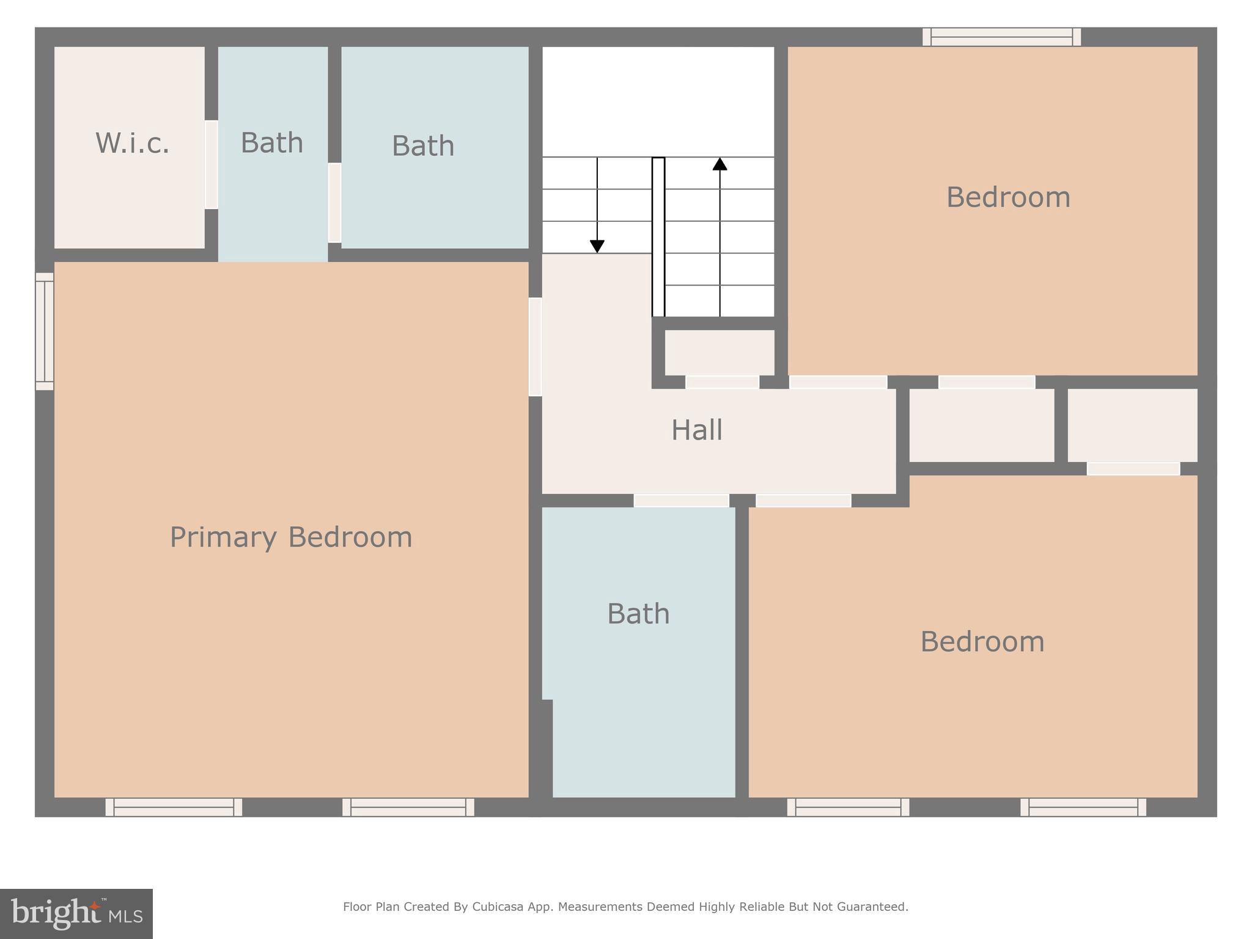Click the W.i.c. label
(x=132, y=143)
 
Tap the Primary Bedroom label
(x=291, y=537)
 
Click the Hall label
(x=697, y=430)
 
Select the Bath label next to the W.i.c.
(x=272, y=143)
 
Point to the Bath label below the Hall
(x=638, y=614)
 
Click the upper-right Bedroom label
(x=1008, y=197)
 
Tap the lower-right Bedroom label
(x=982, y=642)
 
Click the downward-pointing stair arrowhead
(x=597, y=246)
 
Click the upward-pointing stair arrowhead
(x=720, y=164)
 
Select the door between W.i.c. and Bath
(x=211, y=164)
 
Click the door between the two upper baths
(x=334, y=202)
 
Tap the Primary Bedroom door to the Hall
(x=535, y=347)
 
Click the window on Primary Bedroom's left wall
(x=45, y=331)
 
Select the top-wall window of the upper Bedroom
(x=1001, y=37)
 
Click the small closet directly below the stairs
(x=720, y=352)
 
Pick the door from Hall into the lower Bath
(x=681, y=501)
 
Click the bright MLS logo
(x=76, y=913)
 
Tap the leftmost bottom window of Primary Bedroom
(x=174, y=807)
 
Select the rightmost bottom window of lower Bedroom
(x=1083, y=807)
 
